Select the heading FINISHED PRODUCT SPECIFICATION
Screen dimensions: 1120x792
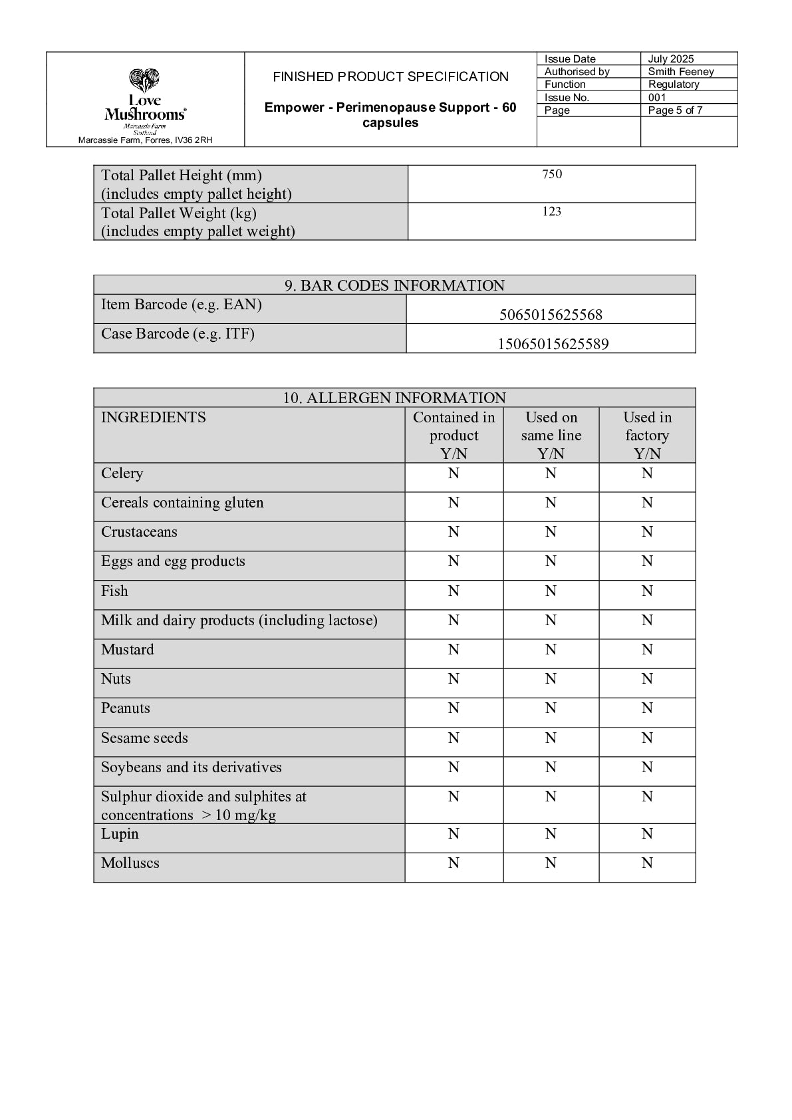point(390,76)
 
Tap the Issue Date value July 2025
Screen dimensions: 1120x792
point(671,59)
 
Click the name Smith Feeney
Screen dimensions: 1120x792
point(681,71)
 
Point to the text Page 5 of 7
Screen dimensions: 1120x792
point(675,110)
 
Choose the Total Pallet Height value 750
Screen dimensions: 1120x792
point(552,174)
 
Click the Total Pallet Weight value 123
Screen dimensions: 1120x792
point(552,211)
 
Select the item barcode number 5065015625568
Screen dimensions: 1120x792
point(551,315)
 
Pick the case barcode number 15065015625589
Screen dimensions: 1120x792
point(553,344)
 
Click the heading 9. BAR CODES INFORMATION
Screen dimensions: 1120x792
point(394,285)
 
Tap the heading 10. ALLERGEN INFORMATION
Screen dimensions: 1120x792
point(394,398)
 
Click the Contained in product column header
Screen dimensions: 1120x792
point(454,435)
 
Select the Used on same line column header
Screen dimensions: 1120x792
point(551,435)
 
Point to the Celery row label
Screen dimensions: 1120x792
point(122,474)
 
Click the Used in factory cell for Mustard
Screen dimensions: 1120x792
point(647,650)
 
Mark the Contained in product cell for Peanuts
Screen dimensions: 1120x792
point(454,708)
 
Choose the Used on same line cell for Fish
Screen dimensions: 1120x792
point(551,591)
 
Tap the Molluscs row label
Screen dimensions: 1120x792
point(130,863)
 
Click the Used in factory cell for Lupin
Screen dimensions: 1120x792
point(647,834)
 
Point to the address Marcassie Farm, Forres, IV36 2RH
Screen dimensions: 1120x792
point(145,140)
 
